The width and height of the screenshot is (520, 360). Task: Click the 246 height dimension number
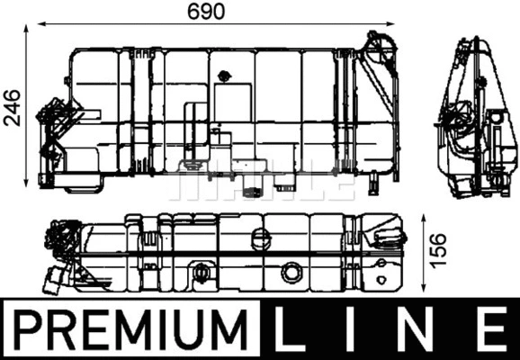point(11,107)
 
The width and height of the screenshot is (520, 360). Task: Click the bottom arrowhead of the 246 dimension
point(29,184)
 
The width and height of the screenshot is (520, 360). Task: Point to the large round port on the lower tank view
point(291,273)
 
